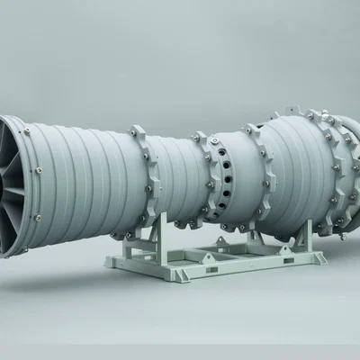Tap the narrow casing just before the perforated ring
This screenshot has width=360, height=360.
pos(184,175)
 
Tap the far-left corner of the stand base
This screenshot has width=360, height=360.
pos(108,266)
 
